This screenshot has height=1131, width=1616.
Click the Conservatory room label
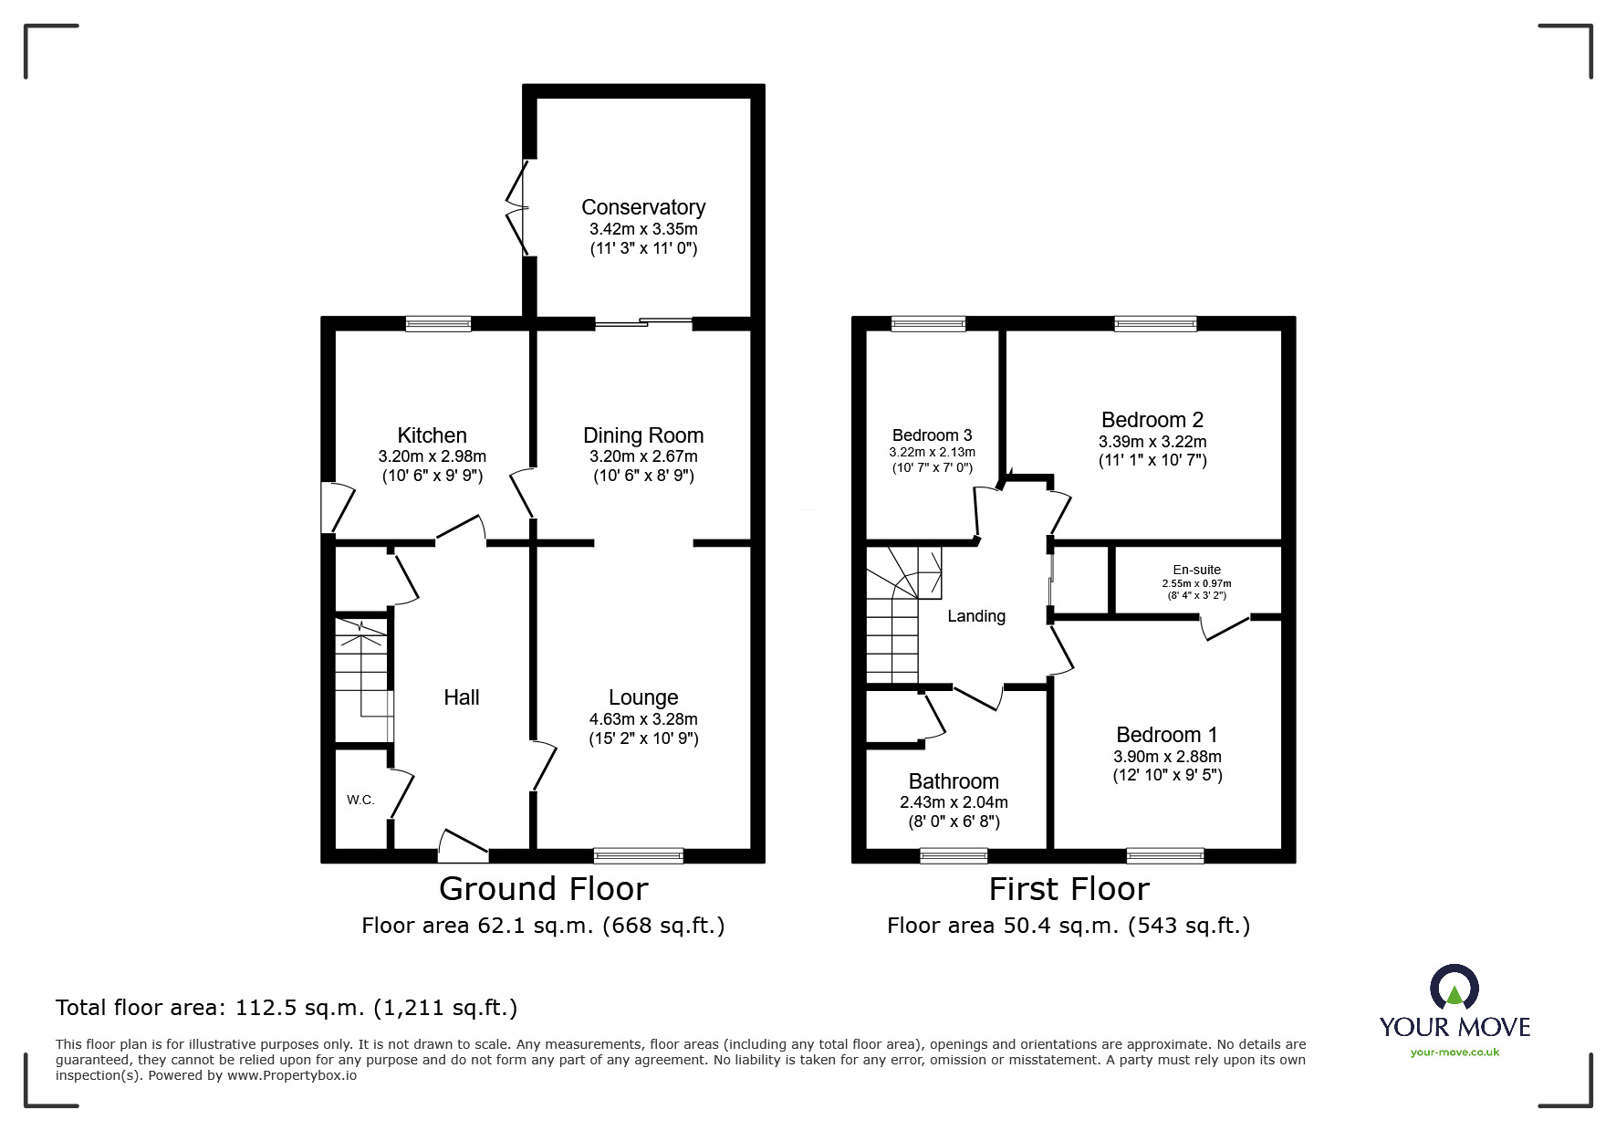pyautogui.click(x=643, y=207)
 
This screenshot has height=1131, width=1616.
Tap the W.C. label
pyautogui.click(x=360, y=800)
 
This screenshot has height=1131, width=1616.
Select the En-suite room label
pyautogui.click(x=1196, y=570)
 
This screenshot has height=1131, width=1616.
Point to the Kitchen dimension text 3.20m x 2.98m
pyautogui.click(x=432, y=456)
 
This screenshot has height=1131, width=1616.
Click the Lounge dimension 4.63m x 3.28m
pyautogui.click(x=643, y=719)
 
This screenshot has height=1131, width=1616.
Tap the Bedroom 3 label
pyautogui.click(x=932, y=435)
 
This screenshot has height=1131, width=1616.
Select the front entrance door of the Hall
pyautogui.click(x=464, y=847)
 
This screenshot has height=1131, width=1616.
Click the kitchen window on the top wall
pyautogui.click(x=438, y=323)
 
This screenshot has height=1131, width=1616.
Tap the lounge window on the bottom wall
pyautogui.click(x=638, y=855)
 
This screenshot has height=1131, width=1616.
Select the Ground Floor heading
pyautogui.click(x=543, y=888)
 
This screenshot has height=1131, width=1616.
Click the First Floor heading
pyautogui.click(x=1069, y=888)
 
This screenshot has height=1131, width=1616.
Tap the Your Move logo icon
pyautogui.click(x=1454, y=988)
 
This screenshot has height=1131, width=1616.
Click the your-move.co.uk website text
pyautogui.click(x=1454, y=1052)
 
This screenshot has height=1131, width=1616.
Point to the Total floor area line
pyautogui.click(x=287, y=1008)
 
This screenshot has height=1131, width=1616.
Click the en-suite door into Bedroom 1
pyautogui.click(x=1225, y=628)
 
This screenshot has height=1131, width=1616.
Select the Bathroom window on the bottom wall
pyautogui.click(x=954, y=855)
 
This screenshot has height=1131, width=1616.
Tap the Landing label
pyautogui.click(x=975, y=616)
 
